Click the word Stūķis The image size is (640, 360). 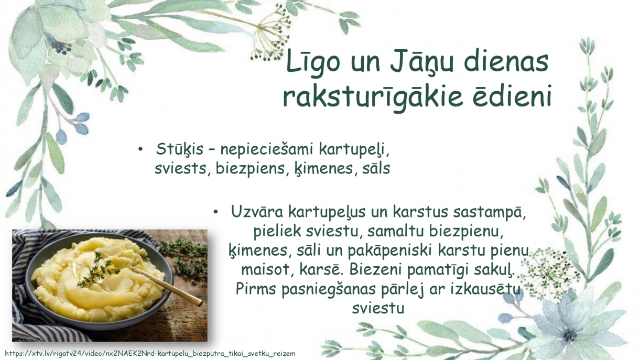tap(180, 149)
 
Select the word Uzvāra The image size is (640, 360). tap(257, 212)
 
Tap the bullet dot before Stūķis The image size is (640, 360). tap(140, 149)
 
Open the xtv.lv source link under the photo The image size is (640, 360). tap(150, 354)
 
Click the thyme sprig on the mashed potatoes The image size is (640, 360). tap(97, 270)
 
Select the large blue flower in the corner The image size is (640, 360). tap(574, 326)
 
